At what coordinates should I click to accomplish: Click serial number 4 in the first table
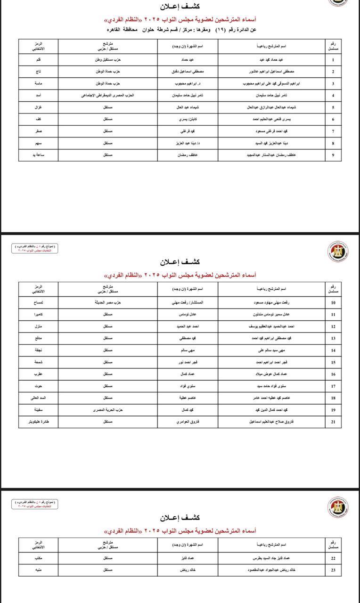tap(333, 96)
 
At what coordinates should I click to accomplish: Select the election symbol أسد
tap(38, 96)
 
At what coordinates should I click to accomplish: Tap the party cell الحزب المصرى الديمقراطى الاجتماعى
tap(107, 96)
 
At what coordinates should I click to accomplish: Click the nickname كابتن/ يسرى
tap(188, 120)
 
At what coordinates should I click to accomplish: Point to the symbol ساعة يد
tap(38, 155)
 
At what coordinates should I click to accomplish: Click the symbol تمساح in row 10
tap(38, 302)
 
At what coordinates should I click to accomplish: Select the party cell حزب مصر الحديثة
tap(107, 302)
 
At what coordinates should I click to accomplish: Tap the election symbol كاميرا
tap(38, 314)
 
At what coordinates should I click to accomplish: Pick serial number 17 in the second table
tap(333, 386)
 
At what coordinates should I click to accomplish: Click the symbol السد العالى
tap(38, 398)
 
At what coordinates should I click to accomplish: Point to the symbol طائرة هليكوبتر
tap(38, 422)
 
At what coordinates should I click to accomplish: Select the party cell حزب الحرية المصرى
tap(107, 410)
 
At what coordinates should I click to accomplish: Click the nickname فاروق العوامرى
tap(188, 422)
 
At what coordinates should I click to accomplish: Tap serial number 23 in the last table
tap(333, 570)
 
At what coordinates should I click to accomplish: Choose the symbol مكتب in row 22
tap(38, 558)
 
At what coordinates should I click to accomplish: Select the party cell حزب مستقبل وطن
tap(107, 60)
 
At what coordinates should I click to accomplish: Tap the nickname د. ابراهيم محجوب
tap(188, 84)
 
